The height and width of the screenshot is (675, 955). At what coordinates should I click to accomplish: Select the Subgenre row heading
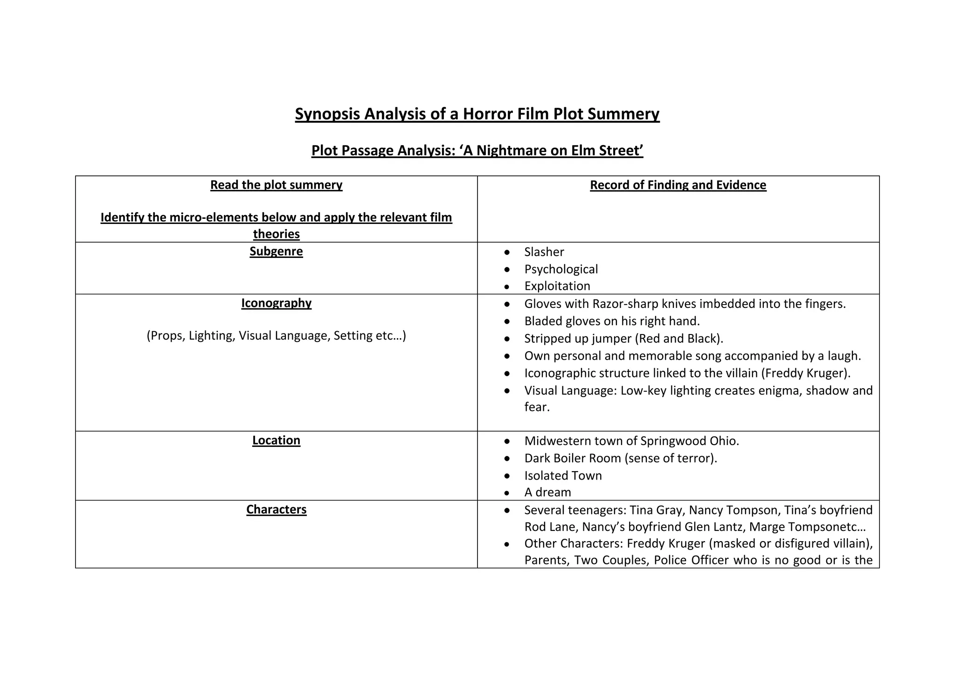pyautogui.click(x=276, y=251)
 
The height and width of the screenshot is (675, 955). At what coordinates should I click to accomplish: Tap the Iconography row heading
pyautogui.click(x=276, y=303)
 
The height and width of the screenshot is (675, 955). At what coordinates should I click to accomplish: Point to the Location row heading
pyautogui.click(x=276, y=440)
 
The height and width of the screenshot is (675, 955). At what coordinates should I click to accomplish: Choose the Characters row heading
pyautogui.click(x=276, y=509)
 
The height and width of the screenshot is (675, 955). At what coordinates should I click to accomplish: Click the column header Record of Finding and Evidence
pyautogui.click(x=678, y=185)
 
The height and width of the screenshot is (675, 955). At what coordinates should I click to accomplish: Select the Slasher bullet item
pyautogui.click(x=544, y=252)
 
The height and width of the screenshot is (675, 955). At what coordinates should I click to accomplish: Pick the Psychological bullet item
pyautogui.click(x=561, y=269)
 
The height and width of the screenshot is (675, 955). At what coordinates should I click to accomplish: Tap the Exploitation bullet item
pyautogui.click(x=557, y=286)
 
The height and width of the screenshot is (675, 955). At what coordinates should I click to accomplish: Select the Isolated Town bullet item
pyautogui.click(x=563, y=475)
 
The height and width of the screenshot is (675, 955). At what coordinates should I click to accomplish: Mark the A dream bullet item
pyautogui.click(x=547, y=492)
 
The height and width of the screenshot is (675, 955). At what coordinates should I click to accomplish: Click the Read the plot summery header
pyautogui.click(x=276, y=185)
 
